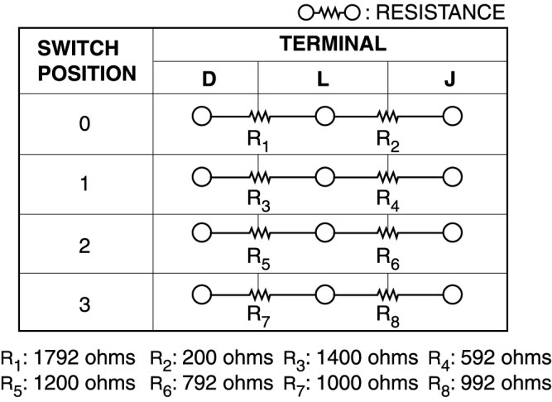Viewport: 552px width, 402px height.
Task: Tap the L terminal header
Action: pyautogui.click(x=324, y=80)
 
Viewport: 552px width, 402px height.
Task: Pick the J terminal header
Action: pyautogui.click(x=449, y=80)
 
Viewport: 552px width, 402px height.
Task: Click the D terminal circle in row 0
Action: pyautogui.click(x=200, y=116)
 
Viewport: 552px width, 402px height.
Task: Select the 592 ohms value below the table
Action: pyautogui.click(x=507, y=358)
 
